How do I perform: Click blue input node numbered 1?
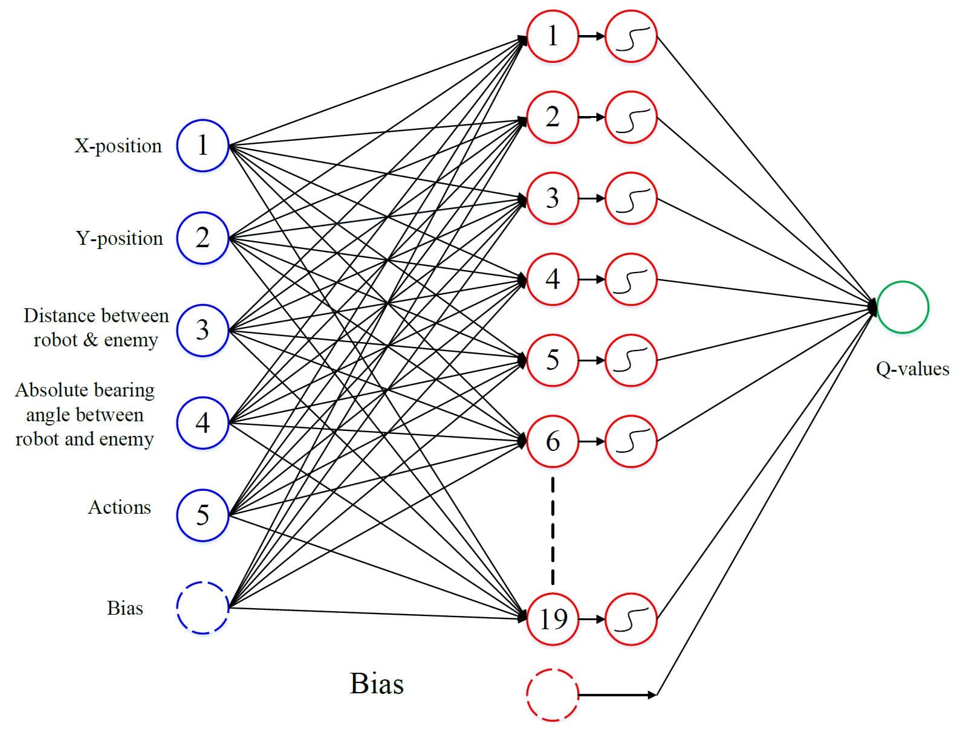click(x=203, y=146)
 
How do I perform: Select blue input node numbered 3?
click(x=203, y=330)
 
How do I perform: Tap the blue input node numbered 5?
click(x=203, y=515)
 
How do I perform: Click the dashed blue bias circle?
click(x=203, y=607)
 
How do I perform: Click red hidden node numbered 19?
click(x=553, y=619)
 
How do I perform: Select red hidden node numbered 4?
click(x=553, y=279)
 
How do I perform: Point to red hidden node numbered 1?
click(x=553, y=36)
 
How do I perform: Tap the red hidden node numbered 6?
click(x=553, y=441)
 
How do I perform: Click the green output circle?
click(x=903, y=307)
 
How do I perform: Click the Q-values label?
click(x=912, y=369)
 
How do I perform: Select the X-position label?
click(x=118, y=146)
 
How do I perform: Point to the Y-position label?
click(x=120, y=239)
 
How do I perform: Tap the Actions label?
click(x=120, y=507)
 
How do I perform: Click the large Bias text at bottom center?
click(x=377, y=684)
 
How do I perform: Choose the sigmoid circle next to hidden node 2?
click(x=631, y=117)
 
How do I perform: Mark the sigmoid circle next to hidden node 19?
click(x=631, y=619)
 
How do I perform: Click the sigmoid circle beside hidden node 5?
click(x=631, y=360)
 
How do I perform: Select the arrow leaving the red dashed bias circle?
click(x=617, y=695)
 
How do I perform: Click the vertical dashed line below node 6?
click(x=553, y=531)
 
